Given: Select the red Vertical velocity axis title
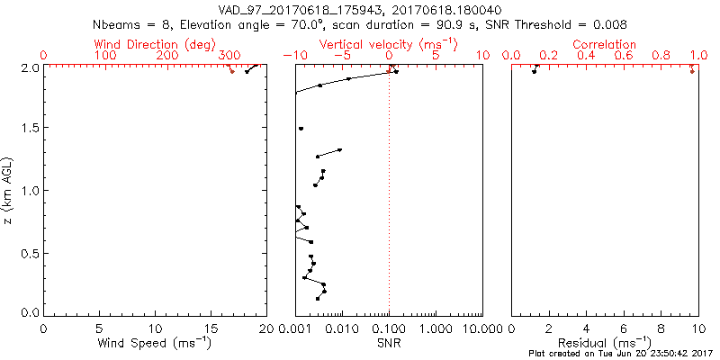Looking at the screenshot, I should pyautogui.click(x=389, y=44).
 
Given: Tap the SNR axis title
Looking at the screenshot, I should pyautogui.click(x=389, y=343).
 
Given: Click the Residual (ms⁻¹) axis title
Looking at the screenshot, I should pyautogui.click(x=605, y=343).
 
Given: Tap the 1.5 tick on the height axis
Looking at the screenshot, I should pyautogui.click(x=30, y=129).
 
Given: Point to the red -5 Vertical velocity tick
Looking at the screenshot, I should pyautogui.click(x=342, y=56).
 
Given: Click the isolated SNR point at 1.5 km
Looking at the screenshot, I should pyautogui.click(x=301, y=129).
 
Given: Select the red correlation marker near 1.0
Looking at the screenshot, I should pyautogui.click(x=692, y=71).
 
